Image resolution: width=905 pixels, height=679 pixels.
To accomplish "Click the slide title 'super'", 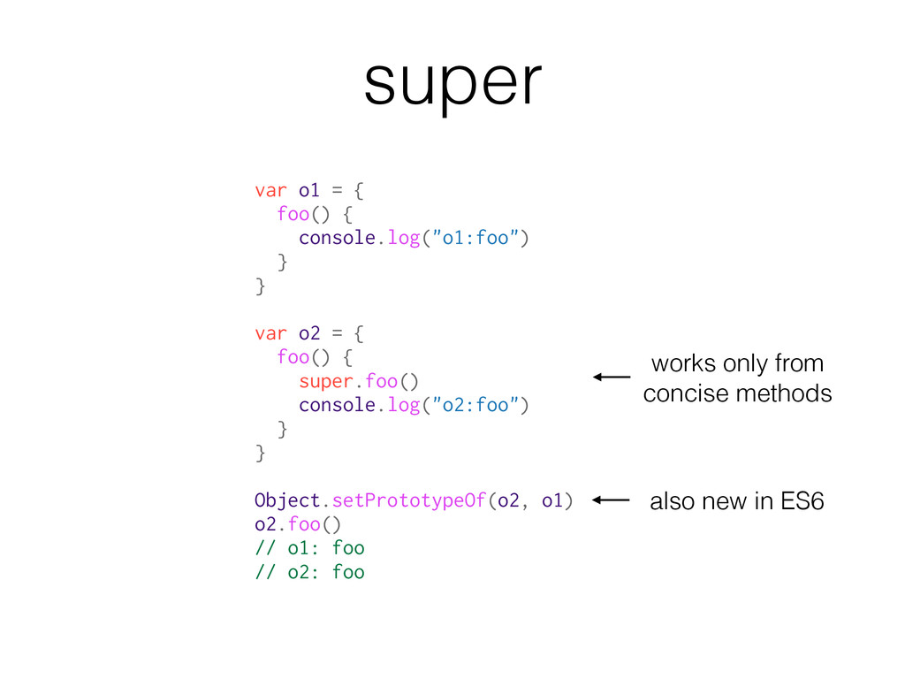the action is [452, 84].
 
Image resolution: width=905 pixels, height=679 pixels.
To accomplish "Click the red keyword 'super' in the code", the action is [325, 381].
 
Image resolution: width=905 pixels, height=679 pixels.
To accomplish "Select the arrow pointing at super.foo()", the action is [611, 378].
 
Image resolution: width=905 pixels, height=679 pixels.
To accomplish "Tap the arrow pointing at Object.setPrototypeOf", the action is [611, 500].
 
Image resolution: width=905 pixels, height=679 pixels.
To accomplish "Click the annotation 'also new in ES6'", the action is [736, 502].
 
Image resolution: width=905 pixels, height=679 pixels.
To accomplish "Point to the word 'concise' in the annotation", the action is [686, 393].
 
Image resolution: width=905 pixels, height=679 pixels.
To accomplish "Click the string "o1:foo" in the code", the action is [475, 238].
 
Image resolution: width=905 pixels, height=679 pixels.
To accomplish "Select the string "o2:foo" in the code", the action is [475, 405].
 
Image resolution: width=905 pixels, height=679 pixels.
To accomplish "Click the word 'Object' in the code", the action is [286, 501].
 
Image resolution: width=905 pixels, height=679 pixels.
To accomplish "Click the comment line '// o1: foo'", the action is [309, 548].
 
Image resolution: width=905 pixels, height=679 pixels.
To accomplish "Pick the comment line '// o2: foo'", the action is [309, 572].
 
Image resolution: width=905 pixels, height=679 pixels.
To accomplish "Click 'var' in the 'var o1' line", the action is [270, 190].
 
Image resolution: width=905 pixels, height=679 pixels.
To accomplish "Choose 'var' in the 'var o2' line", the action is [270, 333].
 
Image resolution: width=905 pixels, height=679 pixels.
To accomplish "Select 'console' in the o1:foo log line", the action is [337, 238].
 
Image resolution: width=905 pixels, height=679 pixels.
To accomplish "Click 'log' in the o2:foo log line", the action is [403, 405].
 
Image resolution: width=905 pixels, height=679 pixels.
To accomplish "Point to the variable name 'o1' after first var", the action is [308, 190].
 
